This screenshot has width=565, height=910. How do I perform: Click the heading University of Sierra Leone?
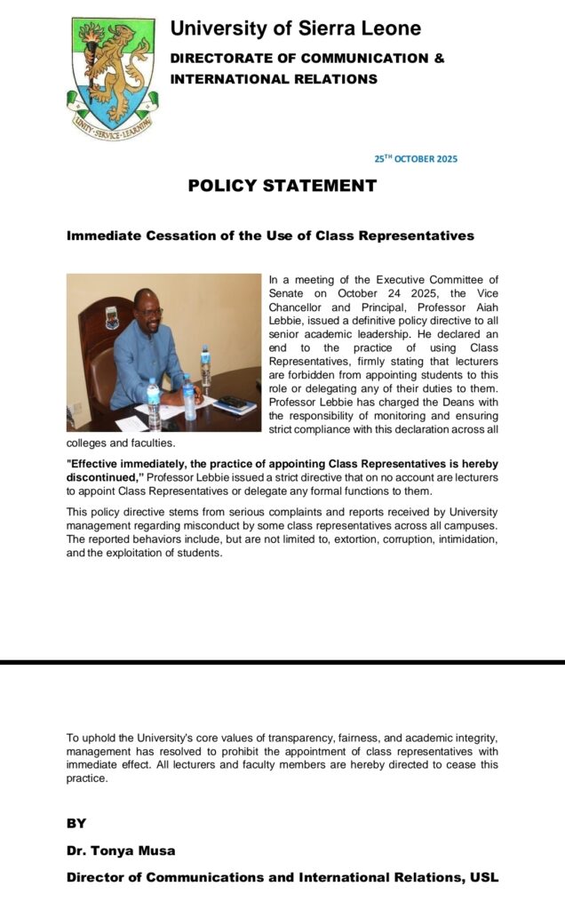coord(295,28)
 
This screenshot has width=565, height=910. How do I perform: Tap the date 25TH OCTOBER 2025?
coord(415,159)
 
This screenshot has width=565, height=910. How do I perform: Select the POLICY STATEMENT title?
coord(282,186)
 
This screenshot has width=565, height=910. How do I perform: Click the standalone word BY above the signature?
coord(76,824)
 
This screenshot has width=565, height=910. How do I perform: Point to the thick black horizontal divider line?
coord(282,662)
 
